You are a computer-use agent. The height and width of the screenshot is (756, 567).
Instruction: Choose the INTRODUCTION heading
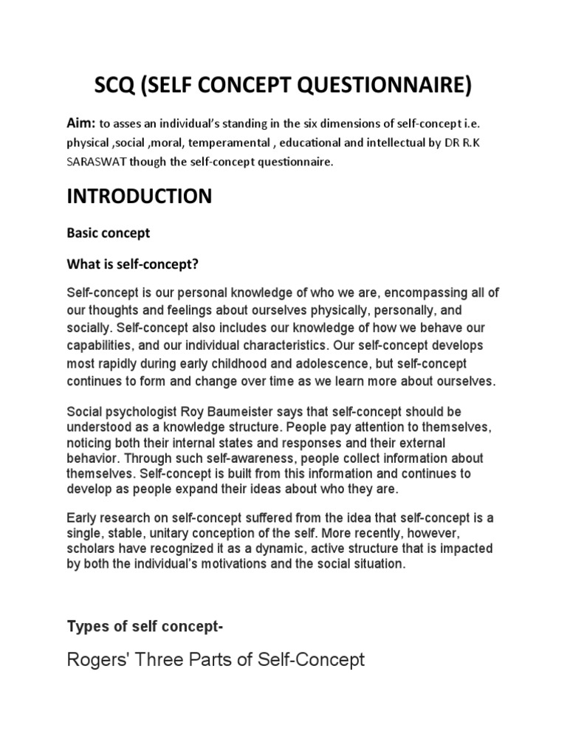(x=140, y=197)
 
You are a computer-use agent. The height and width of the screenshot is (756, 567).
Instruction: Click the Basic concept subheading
(x=109, y=233)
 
